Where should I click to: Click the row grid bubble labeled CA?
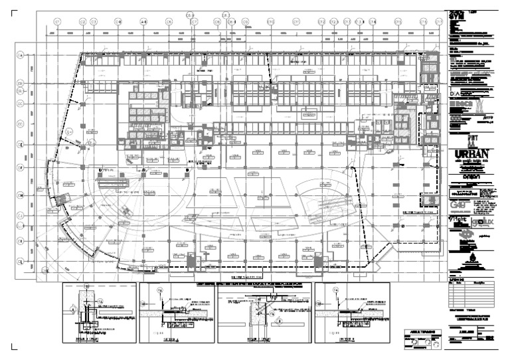pyautogui.click(x=21, y=55)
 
